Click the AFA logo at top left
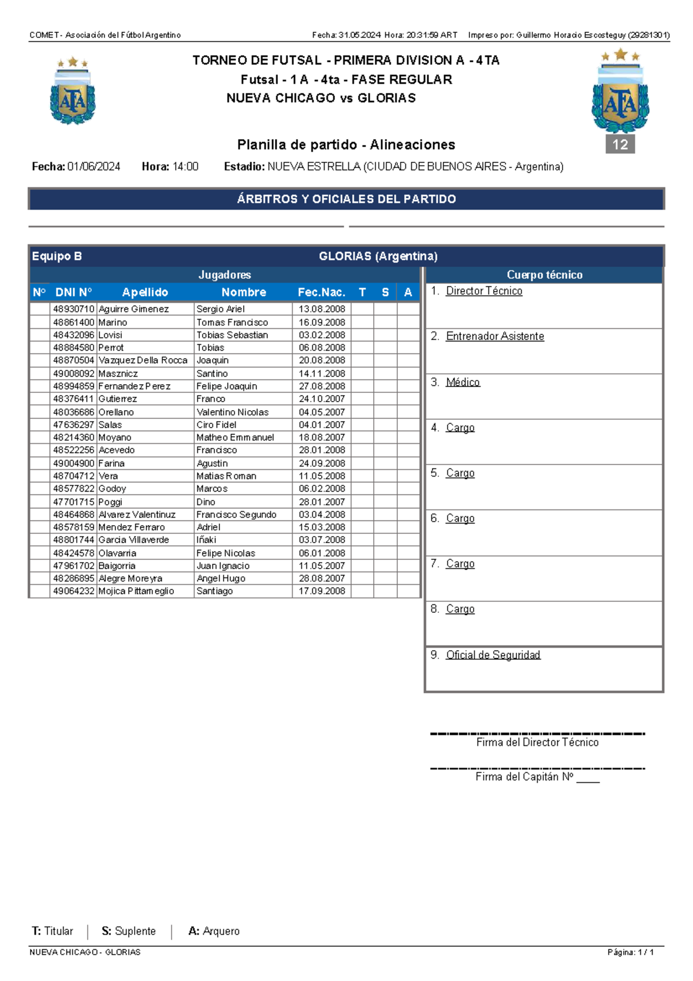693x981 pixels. (x=73, y=91)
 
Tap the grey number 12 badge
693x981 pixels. (x=620, y=144)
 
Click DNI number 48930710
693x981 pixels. (x=73, y=309)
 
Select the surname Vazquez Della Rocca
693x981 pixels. (x=143, y=360)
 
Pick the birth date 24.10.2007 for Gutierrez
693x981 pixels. (x=322, y=399)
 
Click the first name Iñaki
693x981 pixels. (x=206, y=540)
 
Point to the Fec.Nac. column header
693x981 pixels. (x=321, y=292)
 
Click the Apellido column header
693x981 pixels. (x=145, y=292)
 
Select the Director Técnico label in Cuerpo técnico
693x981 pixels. (x=484, y=291)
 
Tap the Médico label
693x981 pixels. (x=463, y=382)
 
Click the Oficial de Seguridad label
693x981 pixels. (x=493, y=655)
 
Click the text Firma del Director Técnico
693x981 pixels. (x=537, y=742)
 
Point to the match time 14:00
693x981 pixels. (x=185, y=167)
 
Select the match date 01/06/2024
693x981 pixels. (x=94, y=167)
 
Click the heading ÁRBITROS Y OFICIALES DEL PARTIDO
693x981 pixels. (x=346, y=199)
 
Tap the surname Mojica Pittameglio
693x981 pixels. (x=136, y=591)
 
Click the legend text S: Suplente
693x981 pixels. (x=129, y=931)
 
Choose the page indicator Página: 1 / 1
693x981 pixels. (x=630, y=952)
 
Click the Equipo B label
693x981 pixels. (x=57, y=257)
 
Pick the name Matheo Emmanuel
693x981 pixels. (x=235, y=437)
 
